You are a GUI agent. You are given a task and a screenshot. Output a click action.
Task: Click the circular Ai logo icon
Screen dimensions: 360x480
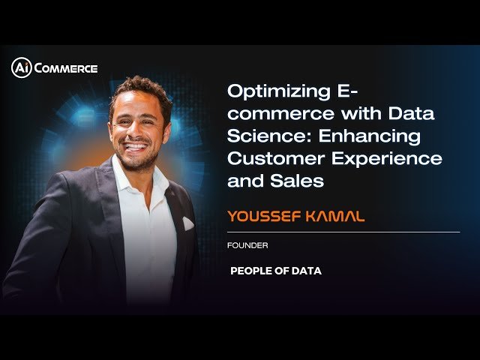click(20, 67)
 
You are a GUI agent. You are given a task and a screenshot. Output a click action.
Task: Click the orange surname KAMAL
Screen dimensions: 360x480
click(335, 217)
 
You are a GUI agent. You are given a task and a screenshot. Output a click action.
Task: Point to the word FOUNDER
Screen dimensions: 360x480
click(247, 246)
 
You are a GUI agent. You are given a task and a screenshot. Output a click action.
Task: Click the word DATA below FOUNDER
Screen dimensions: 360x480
click(306, 271)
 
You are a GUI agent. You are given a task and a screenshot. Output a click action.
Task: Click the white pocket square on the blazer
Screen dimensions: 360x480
click(187, 223)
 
